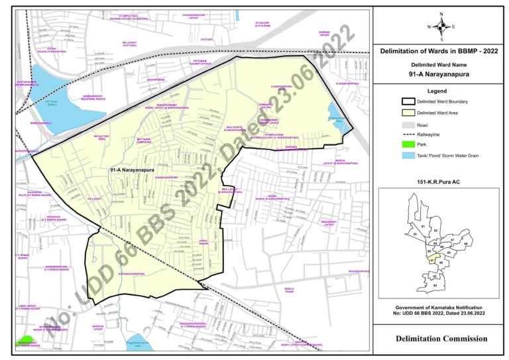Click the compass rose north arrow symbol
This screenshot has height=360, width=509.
coord(441,25)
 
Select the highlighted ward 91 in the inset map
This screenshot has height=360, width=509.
coord(433,261)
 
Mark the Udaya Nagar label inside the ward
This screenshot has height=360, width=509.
coord(204,243)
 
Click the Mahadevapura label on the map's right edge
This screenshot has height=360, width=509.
coord(358,271)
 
